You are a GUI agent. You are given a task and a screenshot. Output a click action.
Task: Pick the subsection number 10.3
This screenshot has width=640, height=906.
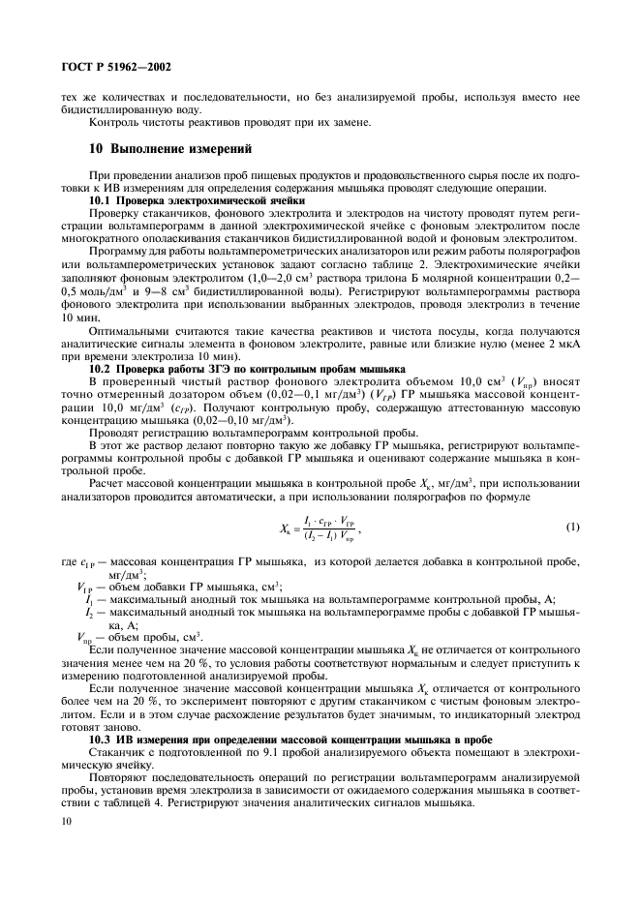(x=101, y=740)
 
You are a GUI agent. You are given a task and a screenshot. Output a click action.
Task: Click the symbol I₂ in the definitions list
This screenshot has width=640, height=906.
(x=90, y=613)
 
